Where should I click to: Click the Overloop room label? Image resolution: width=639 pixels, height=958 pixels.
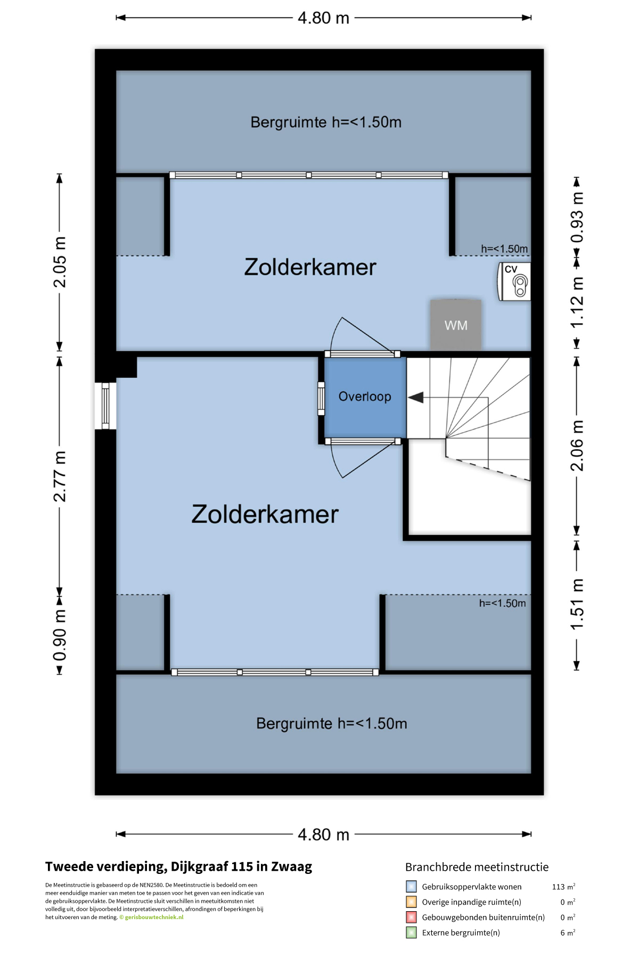click(365, 397)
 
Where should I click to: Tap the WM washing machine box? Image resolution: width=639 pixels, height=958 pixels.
click(456, 325)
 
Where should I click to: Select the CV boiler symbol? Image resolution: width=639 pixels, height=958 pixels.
click(514, 282)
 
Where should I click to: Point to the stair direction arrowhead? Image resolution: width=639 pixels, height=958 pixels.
click(416, 398)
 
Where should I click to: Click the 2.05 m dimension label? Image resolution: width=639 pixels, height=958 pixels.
click(60, 262)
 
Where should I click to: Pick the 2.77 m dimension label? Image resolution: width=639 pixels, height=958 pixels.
click(60, 476)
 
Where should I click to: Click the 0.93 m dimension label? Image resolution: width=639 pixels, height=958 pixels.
click(577, 217)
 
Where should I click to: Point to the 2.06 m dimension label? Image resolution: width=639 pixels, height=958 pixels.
click(577, 445)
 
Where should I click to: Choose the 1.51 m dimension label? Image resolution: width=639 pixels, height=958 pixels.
click(577, 604)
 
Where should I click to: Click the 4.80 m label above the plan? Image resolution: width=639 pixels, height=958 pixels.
click(323, 18)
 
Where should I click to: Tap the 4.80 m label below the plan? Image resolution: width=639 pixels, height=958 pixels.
click(323, 835)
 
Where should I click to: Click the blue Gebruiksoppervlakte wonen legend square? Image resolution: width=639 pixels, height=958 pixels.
click(411, 887)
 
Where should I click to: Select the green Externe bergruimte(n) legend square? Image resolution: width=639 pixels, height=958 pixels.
click(411, 932)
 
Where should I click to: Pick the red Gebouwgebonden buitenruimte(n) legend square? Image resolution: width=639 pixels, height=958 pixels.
click(411, 917)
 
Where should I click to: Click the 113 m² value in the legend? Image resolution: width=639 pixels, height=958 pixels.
click(563, 887)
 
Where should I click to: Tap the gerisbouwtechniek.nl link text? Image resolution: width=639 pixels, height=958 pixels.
click(154, 917)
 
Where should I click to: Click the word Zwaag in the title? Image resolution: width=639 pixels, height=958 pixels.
click(292, 867)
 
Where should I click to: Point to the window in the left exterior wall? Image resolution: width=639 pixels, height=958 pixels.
click(105, 406)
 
